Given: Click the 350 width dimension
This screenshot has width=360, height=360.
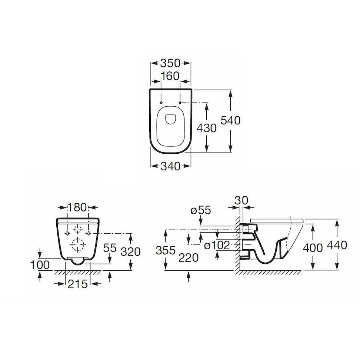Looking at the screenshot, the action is pos(170,63).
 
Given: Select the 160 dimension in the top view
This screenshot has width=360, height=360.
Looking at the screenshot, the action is pos(170,76).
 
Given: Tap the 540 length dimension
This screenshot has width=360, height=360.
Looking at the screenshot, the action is pos(230,120).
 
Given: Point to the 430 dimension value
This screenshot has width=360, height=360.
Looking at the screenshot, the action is pos(207,128).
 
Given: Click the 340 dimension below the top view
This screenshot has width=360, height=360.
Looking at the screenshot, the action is pos(170,166).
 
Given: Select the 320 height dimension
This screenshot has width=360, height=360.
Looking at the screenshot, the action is pos(131,251).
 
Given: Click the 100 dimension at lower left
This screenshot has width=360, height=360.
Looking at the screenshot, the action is pos(40,265).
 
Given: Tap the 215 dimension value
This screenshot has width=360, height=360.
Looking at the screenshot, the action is pos(78,284).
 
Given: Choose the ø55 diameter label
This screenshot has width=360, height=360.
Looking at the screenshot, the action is pos(201,210).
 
